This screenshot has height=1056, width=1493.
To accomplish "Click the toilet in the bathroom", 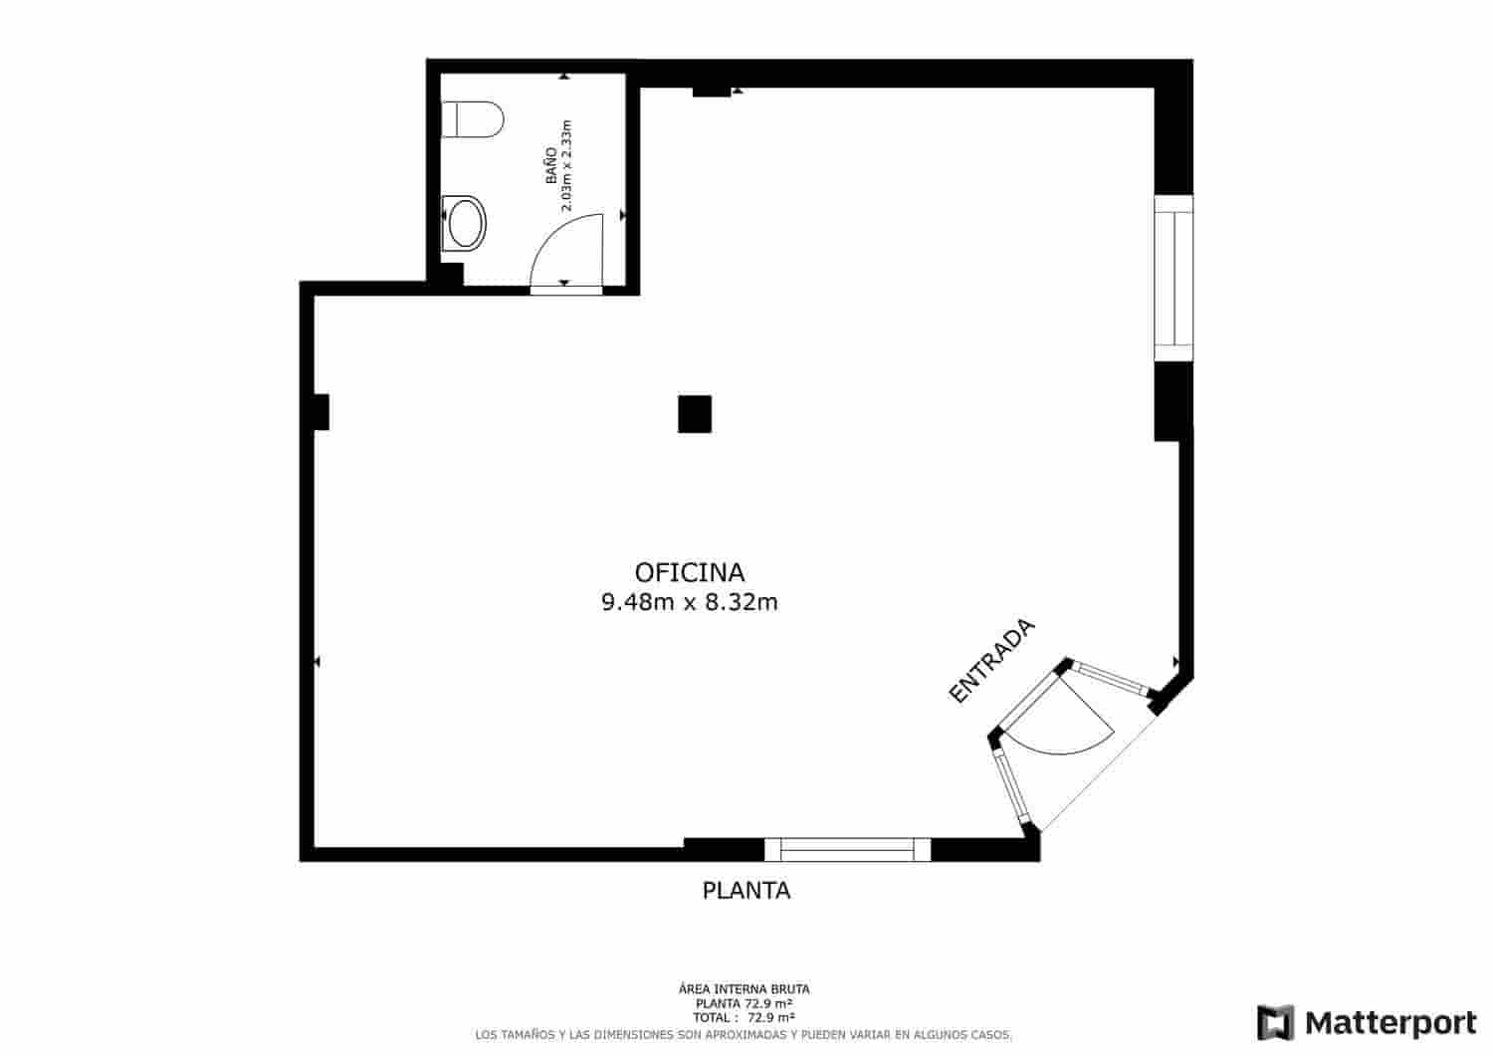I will (x=472, y=119).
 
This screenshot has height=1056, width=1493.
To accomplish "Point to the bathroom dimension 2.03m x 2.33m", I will (x=567, y=166).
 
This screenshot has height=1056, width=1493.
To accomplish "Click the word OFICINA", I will (x=690, y=572).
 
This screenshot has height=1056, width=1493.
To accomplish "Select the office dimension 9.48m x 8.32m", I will (x=690, y=602).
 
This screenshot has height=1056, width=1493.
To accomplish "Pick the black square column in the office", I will (x=695, y=414).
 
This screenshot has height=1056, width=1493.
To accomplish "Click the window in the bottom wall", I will (x=847, y=849).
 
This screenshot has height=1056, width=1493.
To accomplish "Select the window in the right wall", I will (x=1173, y=278).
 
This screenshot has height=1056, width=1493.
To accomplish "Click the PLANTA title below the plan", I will (x=746, y=891).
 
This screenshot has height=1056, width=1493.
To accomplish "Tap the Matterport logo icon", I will (x=1276, y=1023).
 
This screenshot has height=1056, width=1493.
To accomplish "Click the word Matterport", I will (x=1391, y=1023).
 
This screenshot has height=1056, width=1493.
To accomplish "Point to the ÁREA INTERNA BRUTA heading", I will (x=744, y=989).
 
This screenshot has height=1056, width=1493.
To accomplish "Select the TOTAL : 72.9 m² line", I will (x=744, y=1018).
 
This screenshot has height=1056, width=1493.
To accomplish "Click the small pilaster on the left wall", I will (x=320, y=412).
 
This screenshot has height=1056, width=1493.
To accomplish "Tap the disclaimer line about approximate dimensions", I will (x=744, y=1035).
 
